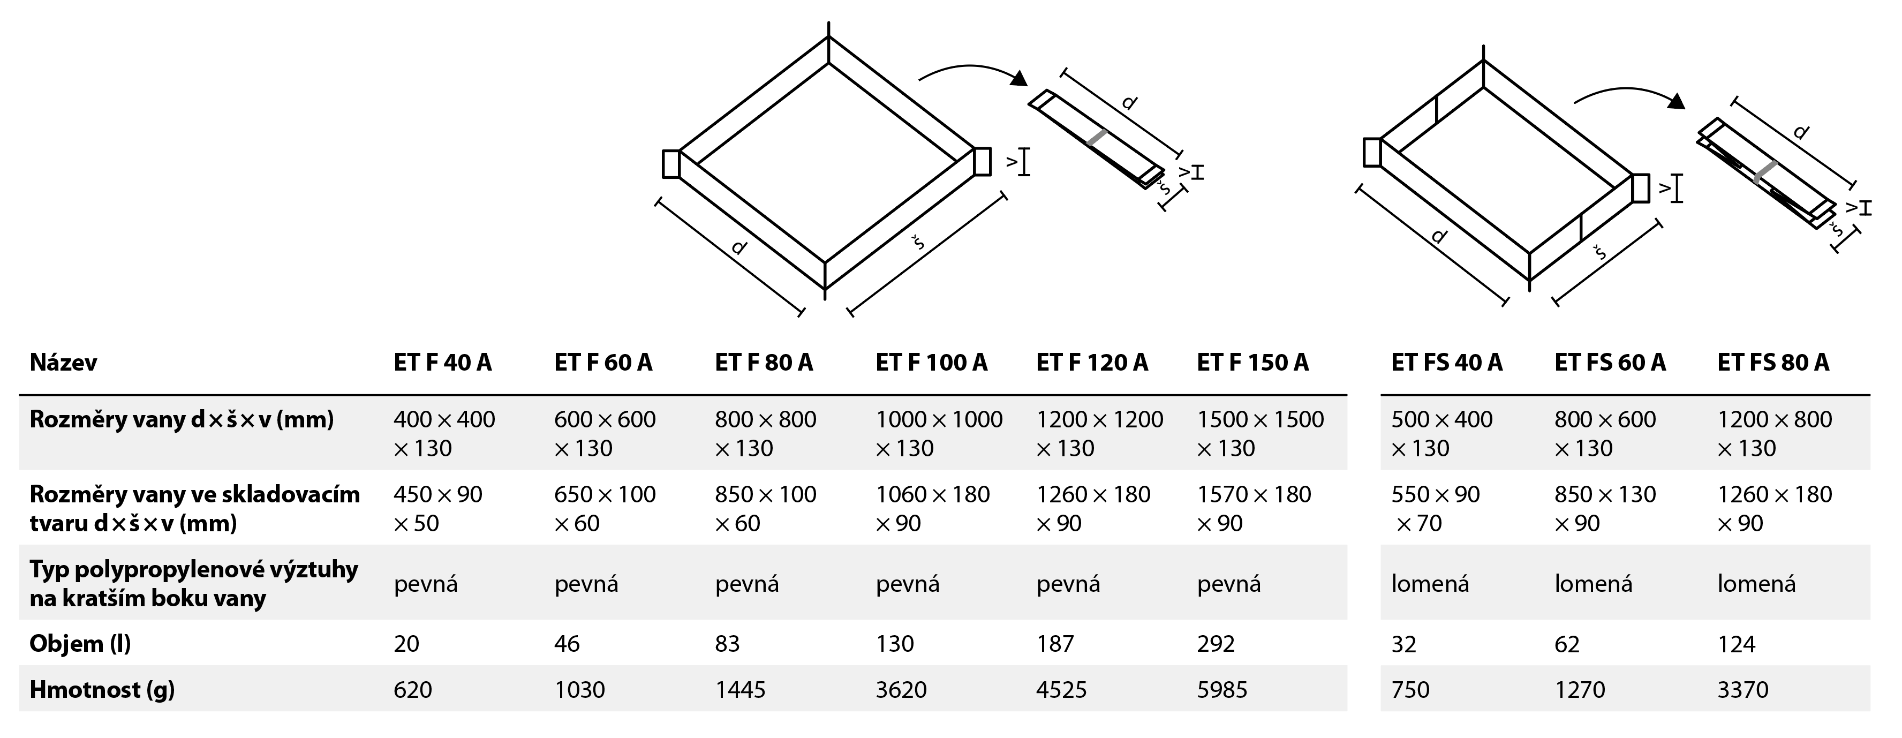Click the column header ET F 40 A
[x=442, y=363]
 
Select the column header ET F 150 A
[x=1252, y=363]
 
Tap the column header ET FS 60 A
[x=1610, y=363]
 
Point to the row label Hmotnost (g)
[x=102, y=689]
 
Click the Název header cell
[x=64, y=363]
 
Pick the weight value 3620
[x=901, y=689]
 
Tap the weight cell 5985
[x=1222, y=689]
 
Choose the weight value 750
[x=1410, y=689]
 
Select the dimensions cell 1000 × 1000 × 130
[x=939, y=434]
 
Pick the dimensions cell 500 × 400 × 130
[x=1441, y=434]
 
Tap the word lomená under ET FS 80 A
[x=1756, y=584]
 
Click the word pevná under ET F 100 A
[x=908, y=584]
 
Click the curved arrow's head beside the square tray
[x=1020, y=78]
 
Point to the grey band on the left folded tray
[x=1097, y=138]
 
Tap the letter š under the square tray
[x=918, y=242]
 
